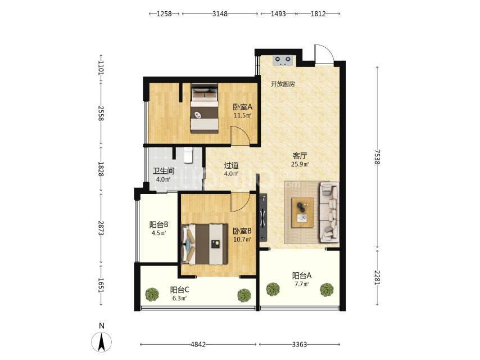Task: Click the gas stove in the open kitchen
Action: tap(283, 60)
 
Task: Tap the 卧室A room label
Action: tap(243, 107)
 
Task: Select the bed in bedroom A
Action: tap(204, 108)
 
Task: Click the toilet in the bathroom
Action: tap(188, 156)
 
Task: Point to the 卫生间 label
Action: tap(164, 171)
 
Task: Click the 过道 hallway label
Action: tap(231, 165)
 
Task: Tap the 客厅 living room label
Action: tap(300, 156)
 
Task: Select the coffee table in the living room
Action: tap(302, 213)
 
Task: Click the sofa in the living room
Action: tap(329, 212)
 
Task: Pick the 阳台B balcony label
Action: tap(159, 224)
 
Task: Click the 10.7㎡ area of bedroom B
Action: tap(242, 239)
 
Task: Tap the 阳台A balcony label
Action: tap(301, 276)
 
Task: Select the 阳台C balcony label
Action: tap(180, 290)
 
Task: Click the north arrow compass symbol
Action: tap(101, 342)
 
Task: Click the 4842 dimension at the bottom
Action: tap(198, 344)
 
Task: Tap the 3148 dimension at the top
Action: tap(220, 14)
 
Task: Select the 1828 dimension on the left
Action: tap(101, 169)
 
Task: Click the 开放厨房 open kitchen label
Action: tap(283, 84)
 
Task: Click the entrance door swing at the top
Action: tap(324, 54)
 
